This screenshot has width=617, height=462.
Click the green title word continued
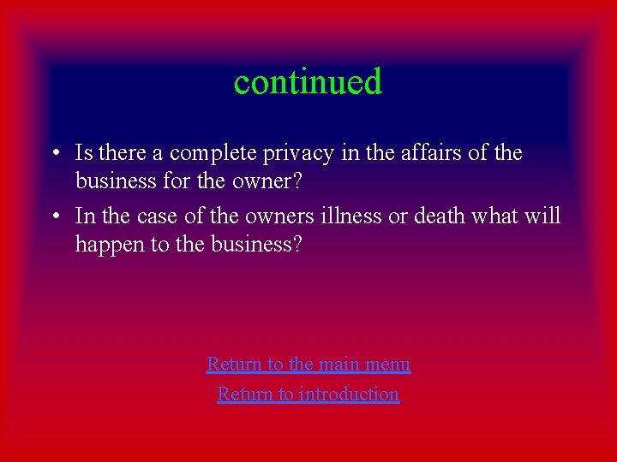tap(308, 82)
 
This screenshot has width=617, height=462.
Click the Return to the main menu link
tap(308, 364)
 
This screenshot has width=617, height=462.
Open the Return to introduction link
tap(308, 394)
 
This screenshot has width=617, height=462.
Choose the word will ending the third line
tap(541, 216)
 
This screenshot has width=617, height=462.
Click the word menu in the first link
tap(387, 364)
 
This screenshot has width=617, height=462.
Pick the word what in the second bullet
tap(495, 216)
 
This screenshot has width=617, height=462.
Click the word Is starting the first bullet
tap(85, 154)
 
